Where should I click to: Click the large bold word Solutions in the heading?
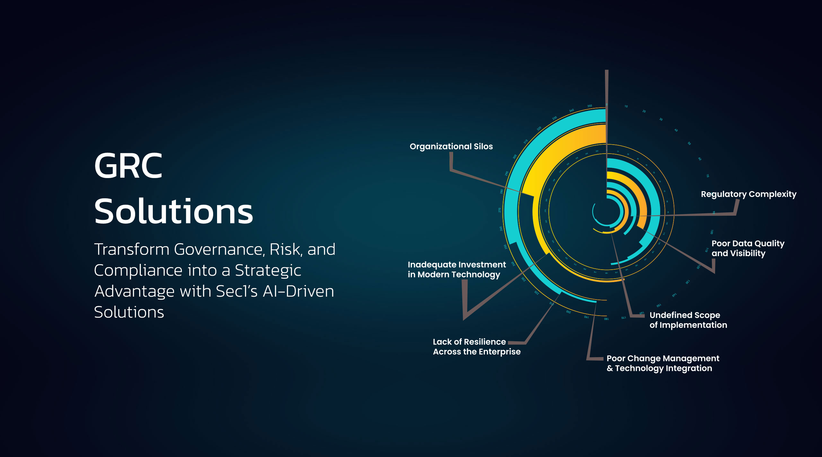(173, 211)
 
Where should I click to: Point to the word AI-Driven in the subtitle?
(298, 291)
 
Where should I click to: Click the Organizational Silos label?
(451, 147)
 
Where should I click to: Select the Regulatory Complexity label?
(748, 194)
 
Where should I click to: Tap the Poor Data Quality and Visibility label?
(748, 248)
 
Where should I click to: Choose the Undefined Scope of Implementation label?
(688, 320)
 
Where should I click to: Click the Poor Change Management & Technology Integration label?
(663, 363)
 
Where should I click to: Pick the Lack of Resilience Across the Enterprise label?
(477, 347)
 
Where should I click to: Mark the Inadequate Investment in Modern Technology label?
(457, 270)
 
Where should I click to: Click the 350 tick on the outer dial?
(590, 106)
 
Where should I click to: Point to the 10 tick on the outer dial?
(626, 106)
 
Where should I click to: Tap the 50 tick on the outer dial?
(689, 144)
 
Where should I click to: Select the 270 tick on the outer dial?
(500, 210)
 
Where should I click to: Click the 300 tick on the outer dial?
(515, 157)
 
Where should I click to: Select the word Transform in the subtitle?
(131, 249)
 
